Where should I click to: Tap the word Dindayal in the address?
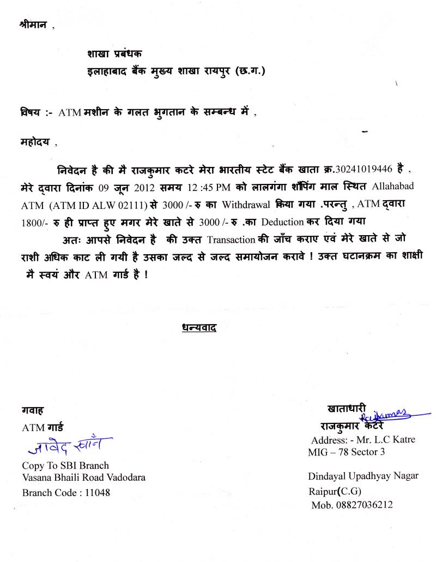(326, 476)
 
